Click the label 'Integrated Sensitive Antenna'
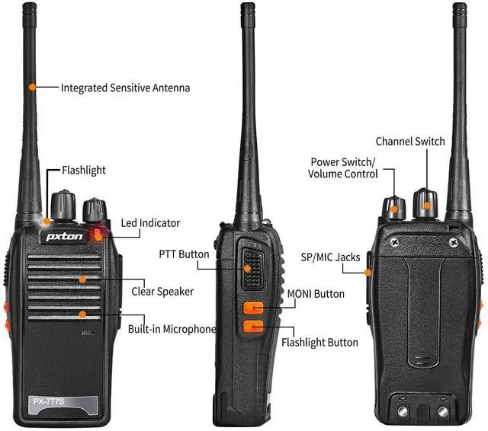click(x=125, y=88)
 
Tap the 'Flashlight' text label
click(x=83, y=171)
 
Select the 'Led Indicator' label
click(x=150, y=223)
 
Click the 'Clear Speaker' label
click(x=162, y=291)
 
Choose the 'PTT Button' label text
click(x=184, y=254)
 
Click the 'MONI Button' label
click(x=316, y=294)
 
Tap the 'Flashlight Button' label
click(x=319, y=342)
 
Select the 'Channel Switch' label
click(x=410, y=142)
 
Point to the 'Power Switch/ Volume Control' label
click(x=343, y=168)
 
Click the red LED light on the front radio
click(x=98, y=234)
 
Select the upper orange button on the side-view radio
click(x=253, y=308)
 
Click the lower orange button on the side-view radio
click(x=253, y=328)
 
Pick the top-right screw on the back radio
click(x=454, y=243)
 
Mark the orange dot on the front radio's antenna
click(x=32, y=88)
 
